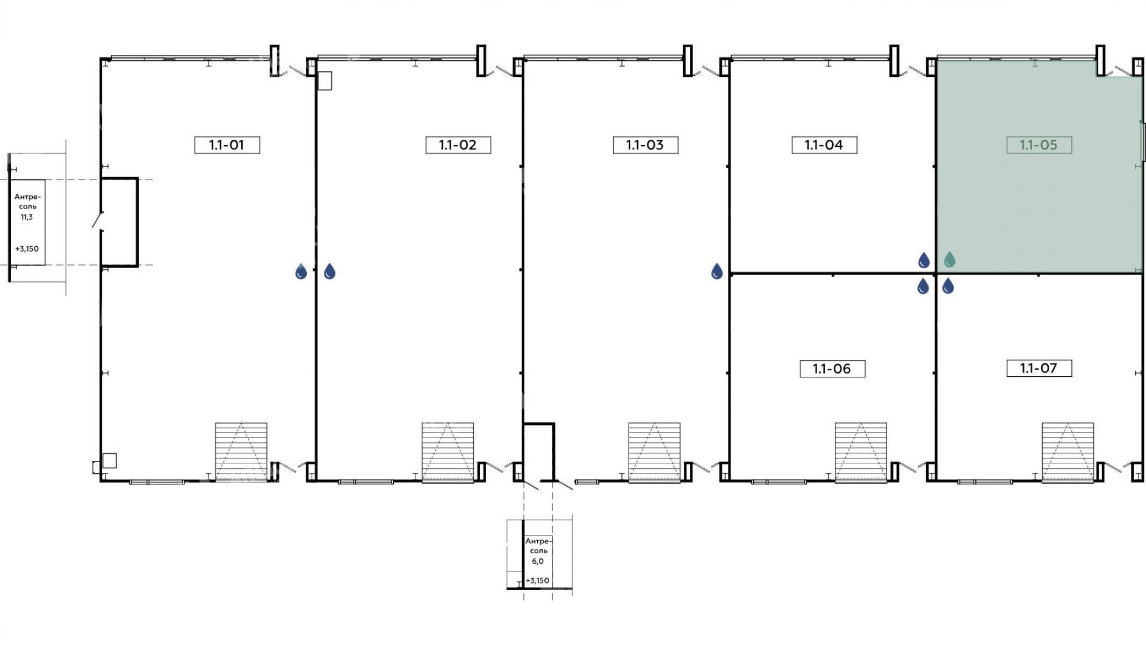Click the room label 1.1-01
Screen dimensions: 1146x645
coord(227,145)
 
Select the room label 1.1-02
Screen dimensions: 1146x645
coord(458,145)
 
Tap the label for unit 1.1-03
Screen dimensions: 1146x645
coord(645,145)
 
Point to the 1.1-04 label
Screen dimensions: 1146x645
coord(824,145)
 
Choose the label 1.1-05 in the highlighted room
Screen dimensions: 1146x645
coord(1039,145)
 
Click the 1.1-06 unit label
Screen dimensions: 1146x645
coord(832,369)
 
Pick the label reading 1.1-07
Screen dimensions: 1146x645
coord(1039,368)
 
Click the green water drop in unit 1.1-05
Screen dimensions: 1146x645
coord(950,260)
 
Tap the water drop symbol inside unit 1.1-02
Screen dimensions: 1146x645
coord(330,271)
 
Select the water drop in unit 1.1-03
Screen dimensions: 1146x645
coord(717,271)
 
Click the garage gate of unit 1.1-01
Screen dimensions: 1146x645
coord(241,451)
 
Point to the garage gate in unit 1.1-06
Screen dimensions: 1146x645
coord(861,451)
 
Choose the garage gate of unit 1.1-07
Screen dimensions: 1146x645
coord(1068,451)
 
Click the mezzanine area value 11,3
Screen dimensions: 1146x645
coord(27,217)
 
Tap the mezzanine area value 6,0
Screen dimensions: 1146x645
coord(538,561)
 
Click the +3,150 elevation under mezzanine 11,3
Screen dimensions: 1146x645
coord(27,249)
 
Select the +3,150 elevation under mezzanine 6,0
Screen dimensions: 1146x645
coord(537,580)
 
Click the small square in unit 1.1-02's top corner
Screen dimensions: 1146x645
coord(325,81)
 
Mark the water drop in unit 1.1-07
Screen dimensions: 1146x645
coord(948,286)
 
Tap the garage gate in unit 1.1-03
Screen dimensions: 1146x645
coord(654,451)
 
